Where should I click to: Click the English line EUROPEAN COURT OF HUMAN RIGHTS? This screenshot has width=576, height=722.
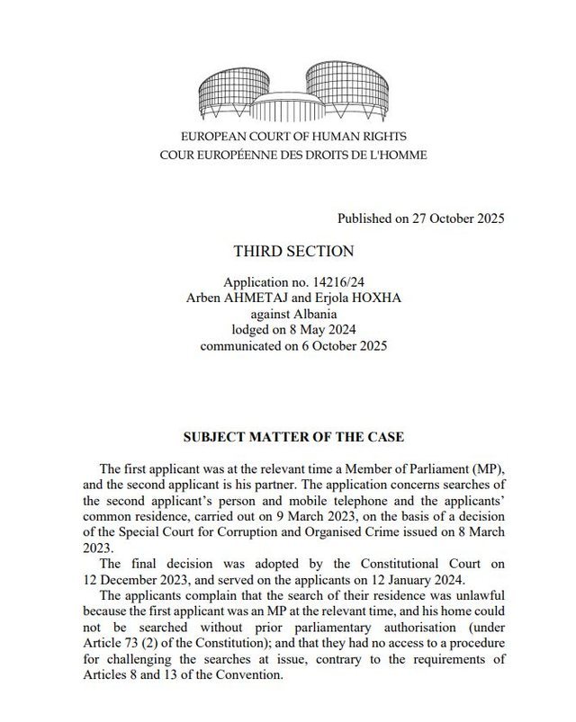[293, 138]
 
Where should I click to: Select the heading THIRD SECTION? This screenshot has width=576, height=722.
[293, 251]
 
